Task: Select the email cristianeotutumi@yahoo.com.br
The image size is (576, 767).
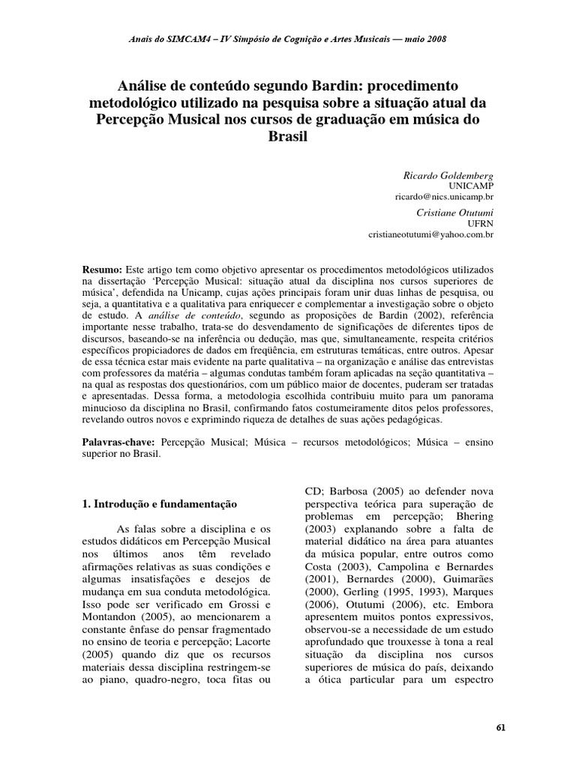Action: [431, 234]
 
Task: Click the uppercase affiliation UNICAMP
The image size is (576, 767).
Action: [472, 185]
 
